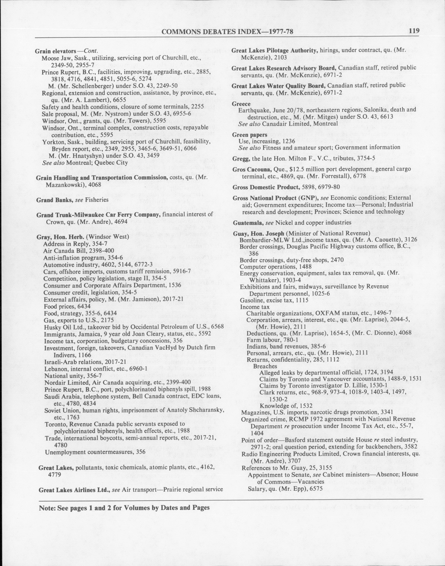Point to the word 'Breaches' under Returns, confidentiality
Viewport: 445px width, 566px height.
pyautogui.click(x=265, y=366)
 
